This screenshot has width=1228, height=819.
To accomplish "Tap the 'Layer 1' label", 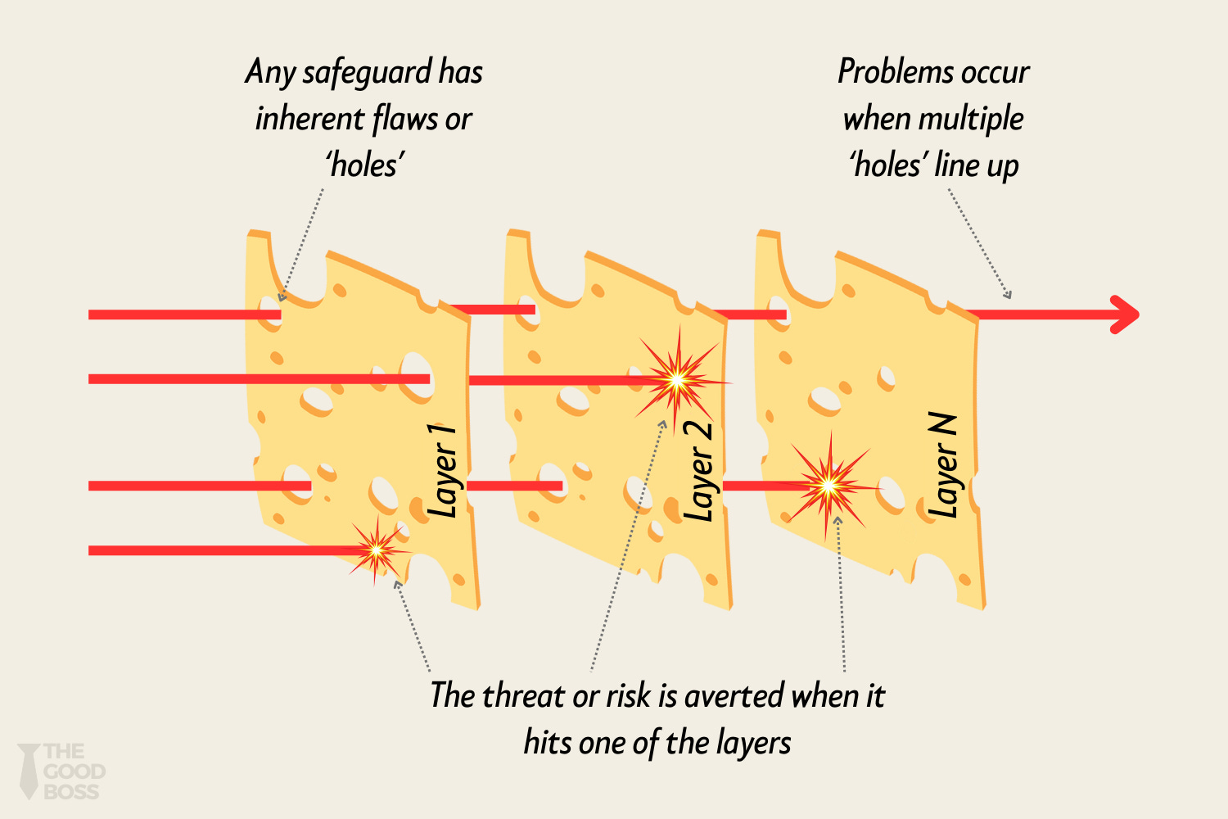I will [x=443, y=472].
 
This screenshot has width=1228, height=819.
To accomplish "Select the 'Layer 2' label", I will [x=698, y=472].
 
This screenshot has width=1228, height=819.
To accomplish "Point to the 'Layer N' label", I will [x=943, y=465].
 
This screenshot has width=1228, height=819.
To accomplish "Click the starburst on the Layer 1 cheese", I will [x=377, y=550].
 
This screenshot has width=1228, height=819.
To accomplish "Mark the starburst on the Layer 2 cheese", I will [x=678, y=380].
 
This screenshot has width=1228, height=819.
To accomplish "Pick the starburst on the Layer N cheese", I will [x=828, y=486].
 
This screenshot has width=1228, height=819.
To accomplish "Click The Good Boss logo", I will [x=62, y=771].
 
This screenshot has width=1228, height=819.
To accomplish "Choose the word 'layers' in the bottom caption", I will [x=753, y=744].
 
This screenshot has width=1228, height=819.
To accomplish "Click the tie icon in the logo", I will [x=29, y=771].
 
